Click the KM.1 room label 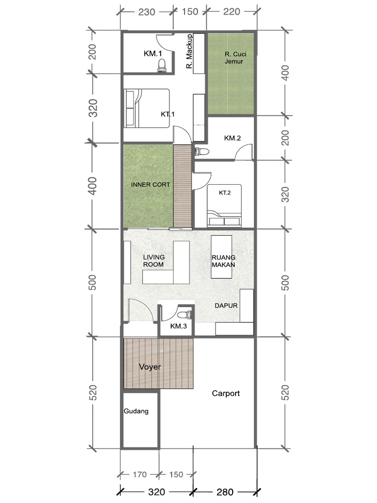click(x=153, y=53)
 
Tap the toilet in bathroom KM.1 click(x=162, y=65)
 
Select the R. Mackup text click(x=189, y=51)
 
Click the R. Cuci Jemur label click(x=235, y=58)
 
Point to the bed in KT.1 click(x=147, y=109)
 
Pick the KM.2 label click(x=232, y=138)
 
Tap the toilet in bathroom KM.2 click(x=202, y=151)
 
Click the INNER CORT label click(x=150, y=185)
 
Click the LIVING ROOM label click(x=154, y=261)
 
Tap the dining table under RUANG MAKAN click(x=221, y=257)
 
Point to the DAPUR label click(x=226, y=306)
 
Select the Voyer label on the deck click(x=150, y=366)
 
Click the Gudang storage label click(x=136, y=411)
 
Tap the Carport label click(x=226, y=393)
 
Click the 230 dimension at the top click(x=146, y=12)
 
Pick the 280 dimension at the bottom click(x=225, y=492)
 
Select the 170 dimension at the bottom click(x=139, y=475)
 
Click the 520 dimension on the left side click(x=93, y=392)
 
